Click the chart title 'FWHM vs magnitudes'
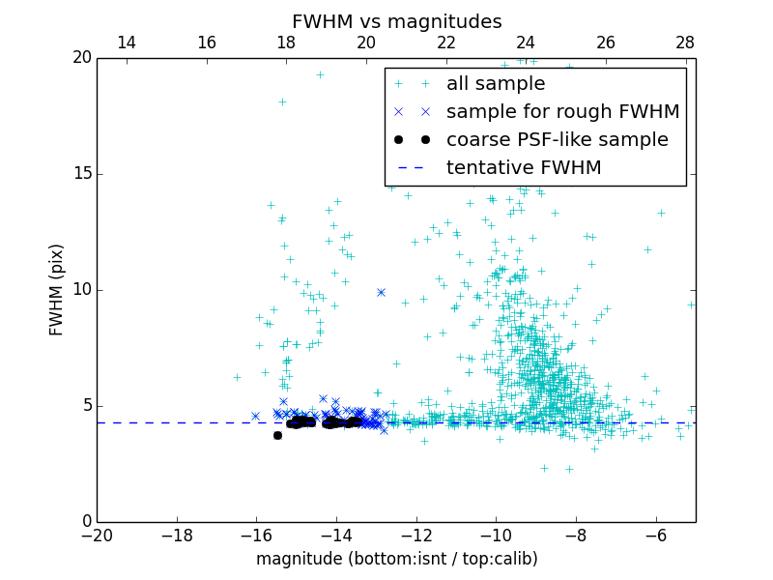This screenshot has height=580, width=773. [x=396, y=21]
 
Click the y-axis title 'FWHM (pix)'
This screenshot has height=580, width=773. [x=57, y=290]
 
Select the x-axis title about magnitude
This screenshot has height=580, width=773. [x=396, y=559]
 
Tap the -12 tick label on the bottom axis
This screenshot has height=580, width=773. [x=416, y=535]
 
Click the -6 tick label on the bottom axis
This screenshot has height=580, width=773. [x=656, y=535]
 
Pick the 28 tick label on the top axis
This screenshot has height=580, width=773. [x=685, y=43]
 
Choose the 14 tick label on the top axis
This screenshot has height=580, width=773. [x=126, y=43]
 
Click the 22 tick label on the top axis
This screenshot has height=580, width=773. [x=445, y=43]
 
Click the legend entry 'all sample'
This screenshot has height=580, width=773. [x=496, y=84]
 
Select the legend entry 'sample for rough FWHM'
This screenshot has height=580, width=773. [x=562, y=112]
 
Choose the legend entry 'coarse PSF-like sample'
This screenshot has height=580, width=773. [x=557, y=140]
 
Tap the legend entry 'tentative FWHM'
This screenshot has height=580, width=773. [x=524, y=168]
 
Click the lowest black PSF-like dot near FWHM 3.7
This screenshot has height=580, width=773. [x=277, y=435]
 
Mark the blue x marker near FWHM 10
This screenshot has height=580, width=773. [x=381, y=292]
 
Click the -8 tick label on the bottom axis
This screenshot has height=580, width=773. [x=576, y=535]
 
